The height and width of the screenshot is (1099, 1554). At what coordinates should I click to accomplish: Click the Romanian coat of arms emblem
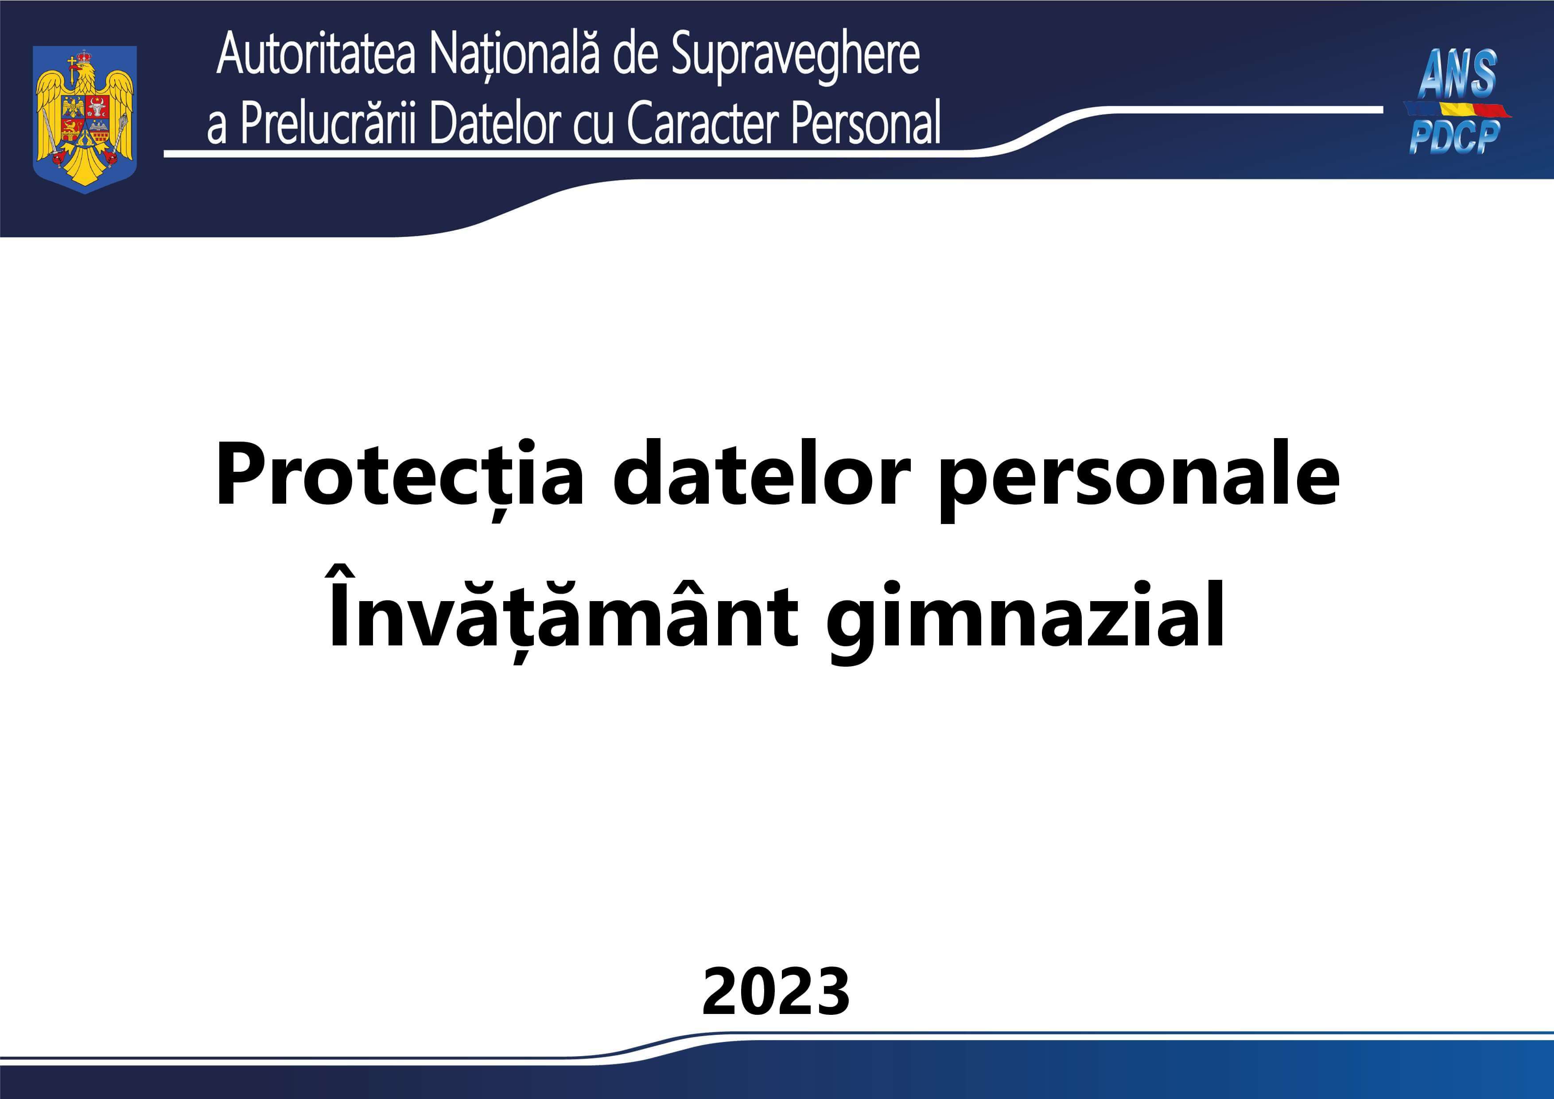coord(85,119)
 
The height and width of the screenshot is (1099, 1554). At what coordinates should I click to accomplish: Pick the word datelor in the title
coord(761,474)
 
